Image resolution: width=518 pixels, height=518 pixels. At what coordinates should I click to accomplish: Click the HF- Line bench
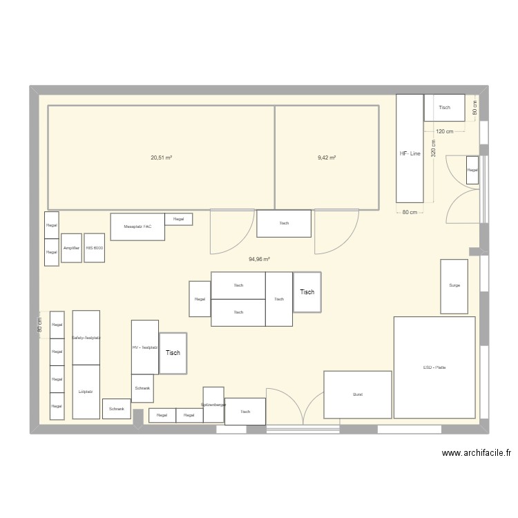tap(410, 148)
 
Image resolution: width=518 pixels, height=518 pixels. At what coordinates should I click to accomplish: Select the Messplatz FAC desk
tap(137, 227)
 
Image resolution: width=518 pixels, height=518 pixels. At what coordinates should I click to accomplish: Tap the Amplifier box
tap(71, 247)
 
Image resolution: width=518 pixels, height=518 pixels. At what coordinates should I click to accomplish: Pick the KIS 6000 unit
tap(95, 247)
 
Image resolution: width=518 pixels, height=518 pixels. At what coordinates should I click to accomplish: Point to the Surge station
tap(454, 285)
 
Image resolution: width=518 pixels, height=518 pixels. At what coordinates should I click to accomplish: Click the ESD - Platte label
tap(434, 367)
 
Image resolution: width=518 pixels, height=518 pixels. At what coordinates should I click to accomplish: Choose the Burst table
tap(358, 394)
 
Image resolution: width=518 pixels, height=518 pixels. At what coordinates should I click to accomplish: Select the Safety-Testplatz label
tap(86, 338)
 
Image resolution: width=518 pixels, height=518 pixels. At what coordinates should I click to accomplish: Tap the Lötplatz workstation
tap(86, 391)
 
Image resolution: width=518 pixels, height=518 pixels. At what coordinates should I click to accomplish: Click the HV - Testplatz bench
tap(145, 347)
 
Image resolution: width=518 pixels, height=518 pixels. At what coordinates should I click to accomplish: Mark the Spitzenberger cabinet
tap(213, 404)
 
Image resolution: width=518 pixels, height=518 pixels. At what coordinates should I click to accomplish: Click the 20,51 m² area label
tap(161, 158)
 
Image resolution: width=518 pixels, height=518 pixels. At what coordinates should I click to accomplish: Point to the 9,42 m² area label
tap(327, 158)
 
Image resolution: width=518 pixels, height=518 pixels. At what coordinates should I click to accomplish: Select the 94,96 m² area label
tap(260, 260)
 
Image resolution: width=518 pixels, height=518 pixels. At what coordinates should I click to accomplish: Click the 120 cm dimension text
tap(444, 131)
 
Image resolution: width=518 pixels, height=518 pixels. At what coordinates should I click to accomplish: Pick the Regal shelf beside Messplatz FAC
tap(179, 219)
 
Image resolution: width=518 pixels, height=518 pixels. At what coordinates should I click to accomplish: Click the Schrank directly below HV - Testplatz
tap(143, 389)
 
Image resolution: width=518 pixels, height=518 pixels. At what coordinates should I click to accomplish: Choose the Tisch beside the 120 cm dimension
tap(444, 108)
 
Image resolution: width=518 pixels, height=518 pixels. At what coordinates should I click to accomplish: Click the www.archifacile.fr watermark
tap(476, 454)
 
